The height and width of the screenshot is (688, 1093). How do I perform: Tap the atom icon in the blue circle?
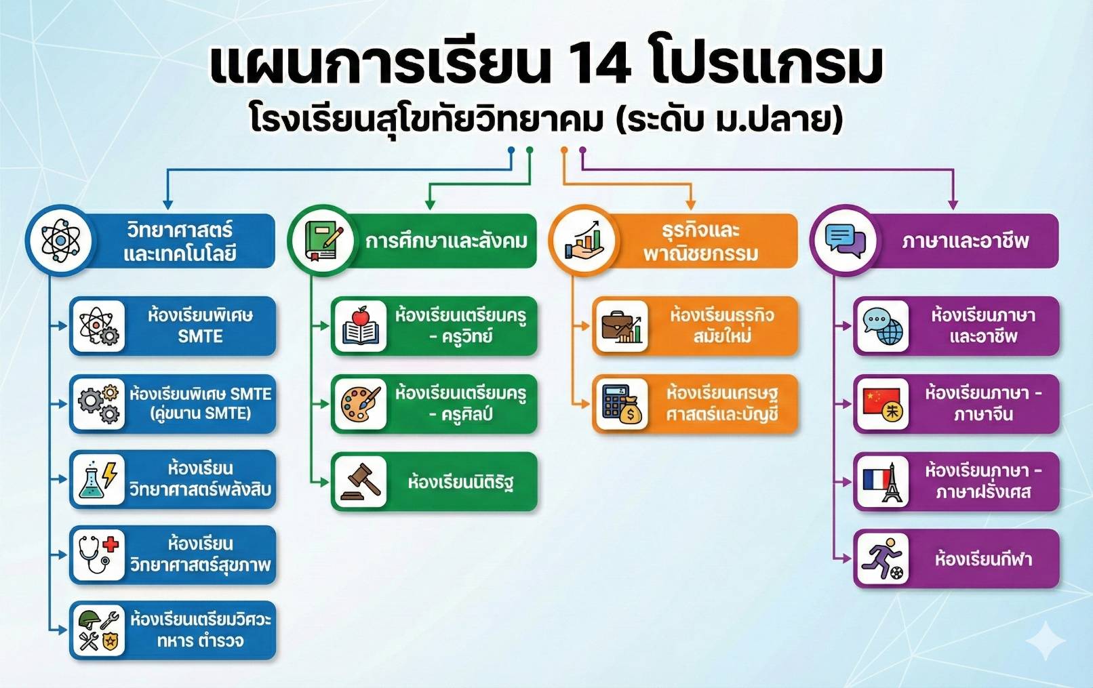(x=60, y=240)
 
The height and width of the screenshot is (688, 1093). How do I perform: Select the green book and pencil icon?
(x=323, y=241)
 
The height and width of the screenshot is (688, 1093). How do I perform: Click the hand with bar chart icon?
(x=584, y=240)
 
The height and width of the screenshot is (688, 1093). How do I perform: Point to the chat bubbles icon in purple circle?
(x=845, y=240)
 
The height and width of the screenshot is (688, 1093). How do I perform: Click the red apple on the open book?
(x=361, y=316)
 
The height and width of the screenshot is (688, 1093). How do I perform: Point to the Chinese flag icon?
(x=881, y=401)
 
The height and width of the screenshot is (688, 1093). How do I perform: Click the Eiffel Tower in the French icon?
(x=892, y=482)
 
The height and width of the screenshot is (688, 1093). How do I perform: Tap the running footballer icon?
(x=882, y=559)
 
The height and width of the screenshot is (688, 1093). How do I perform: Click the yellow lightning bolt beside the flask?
(x=109, y=474)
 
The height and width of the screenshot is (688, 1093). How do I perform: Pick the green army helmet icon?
(x=90, y=620)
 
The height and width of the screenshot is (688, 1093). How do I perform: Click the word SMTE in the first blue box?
(x=200, y=336)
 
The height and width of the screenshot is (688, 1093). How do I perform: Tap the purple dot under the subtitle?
(x=582, y=150)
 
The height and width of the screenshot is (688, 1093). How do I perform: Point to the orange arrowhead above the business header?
(x=690, y=205)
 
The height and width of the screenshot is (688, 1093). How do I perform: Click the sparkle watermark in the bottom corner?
(x=1045, y=641)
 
